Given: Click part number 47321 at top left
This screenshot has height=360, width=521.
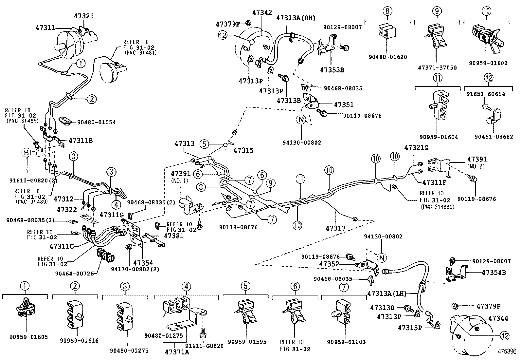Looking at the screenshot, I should (x=84, y=16).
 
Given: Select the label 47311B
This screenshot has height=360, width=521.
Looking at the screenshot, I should (x=81, y=141).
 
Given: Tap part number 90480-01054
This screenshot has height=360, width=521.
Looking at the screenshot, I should (x=96, y=122).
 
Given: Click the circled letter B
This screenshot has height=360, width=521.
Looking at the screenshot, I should (x=27, y=152).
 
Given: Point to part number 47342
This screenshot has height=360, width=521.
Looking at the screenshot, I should (x=262, y=12).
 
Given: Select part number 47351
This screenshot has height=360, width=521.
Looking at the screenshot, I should (x=344, y=105).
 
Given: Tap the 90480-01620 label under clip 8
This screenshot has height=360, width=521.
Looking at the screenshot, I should (x=387, y=57).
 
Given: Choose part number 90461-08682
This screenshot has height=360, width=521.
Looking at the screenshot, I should (x=494, y=137).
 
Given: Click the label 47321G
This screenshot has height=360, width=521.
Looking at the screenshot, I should (x=416, y=148).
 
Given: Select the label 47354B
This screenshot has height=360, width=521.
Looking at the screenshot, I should (x=494, y=272).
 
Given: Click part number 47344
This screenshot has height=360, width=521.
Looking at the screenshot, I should (x=498, y=318).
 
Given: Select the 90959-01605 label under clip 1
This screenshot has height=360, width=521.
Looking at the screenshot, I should (x=24, y=337).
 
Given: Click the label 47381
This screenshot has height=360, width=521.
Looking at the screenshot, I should (x=173, y=236).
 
